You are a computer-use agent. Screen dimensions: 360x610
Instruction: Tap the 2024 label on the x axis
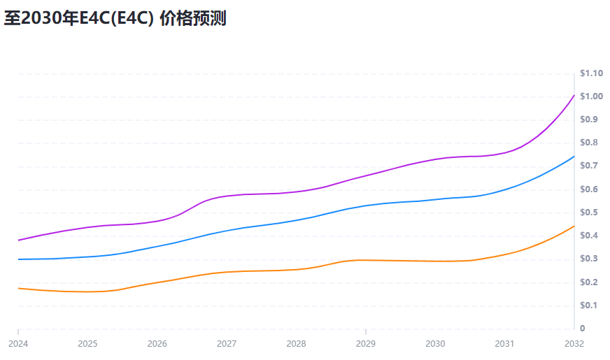click(x=18, y=344)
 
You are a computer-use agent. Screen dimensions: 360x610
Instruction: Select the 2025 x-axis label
click(x=87, y=344)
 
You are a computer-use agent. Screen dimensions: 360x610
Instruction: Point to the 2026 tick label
click(x=157, y=344)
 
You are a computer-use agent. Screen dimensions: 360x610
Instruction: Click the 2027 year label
click(x=227, y=344)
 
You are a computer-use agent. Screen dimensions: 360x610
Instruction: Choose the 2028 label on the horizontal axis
click(x=296, y=344)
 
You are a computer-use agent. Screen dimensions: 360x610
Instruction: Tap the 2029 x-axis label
click(x=366, y=344)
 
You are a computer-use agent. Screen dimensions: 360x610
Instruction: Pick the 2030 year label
click(x=435, y=344)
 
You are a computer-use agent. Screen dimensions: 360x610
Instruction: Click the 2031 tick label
click(x=505, y=344)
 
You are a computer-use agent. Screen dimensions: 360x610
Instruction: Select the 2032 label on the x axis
click(x=574, y=344)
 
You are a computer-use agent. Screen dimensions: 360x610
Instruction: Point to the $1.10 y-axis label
click(x=591, y=73)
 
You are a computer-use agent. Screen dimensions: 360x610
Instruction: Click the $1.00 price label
click(x=591, y=96)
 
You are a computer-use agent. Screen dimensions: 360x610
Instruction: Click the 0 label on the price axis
click(x=583, y=329)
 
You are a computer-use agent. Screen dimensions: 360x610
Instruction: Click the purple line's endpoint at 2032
click(x=574, y=95)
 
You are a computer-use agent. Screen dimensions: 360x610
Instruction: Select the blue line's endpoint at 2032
click(x=574, y=157)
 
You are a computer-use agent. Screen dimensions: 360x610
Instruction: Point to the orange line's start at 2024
click(x=18, y=288)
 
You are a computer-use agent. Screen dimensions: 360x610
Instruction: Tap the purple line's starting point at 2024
click(x=18, y=240)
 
